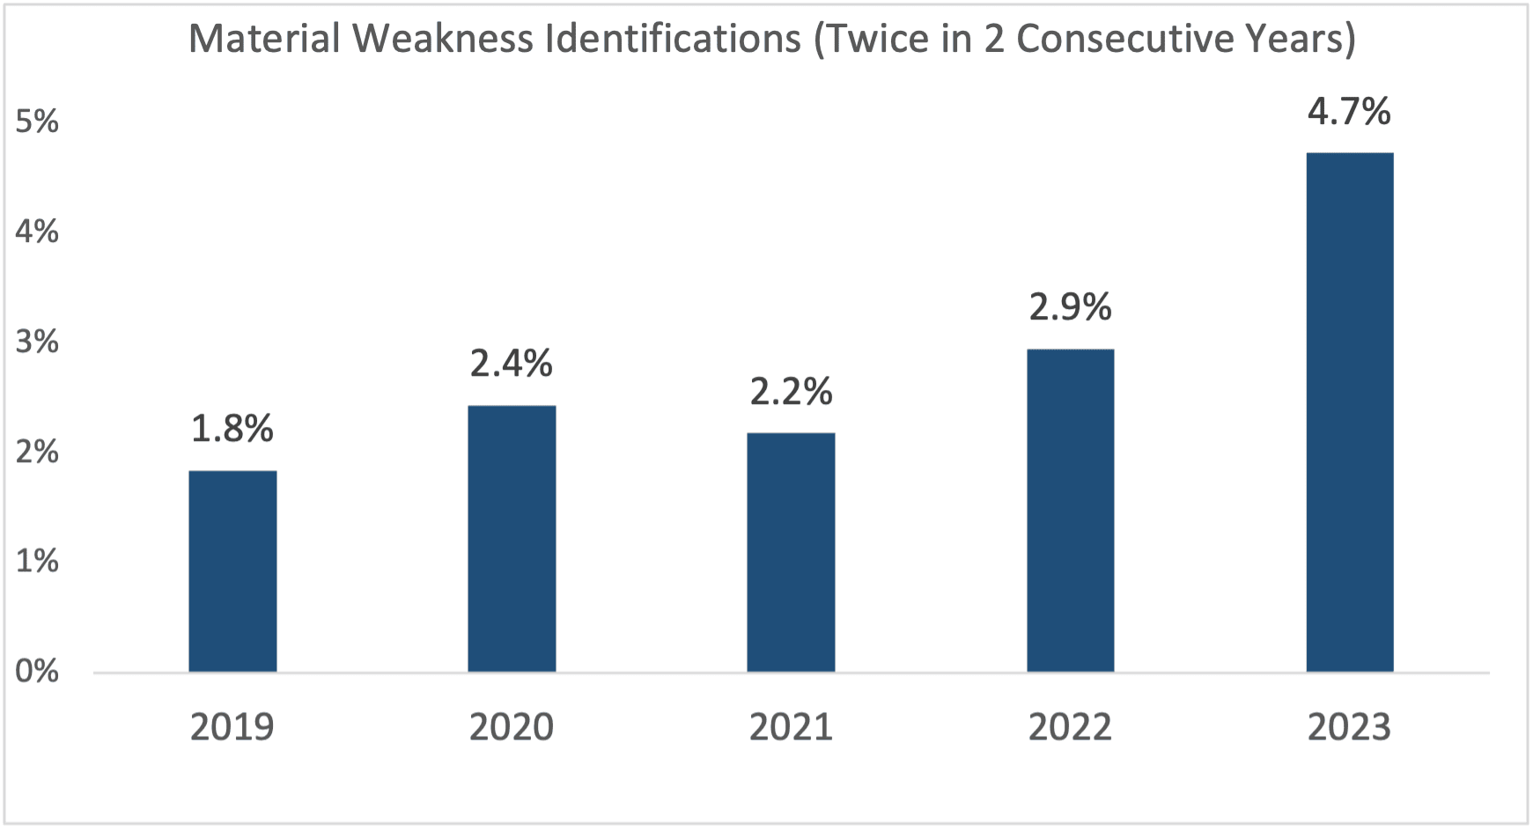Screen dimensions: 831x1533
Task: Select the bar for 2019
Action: pyautogui.click(x=232, y=571)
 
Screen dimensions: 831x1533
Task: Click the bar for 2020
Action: pyautogui.click(x=512, y=539)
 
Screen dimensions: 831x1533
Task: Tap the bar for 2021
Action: pyautogui.click(x=791, y=552)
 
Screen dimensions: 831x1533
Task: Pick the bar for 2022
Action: pyautogui.click(x=1070, y=511)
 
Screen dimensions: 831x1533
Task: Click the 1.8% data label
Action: pyautogui.click(x=232, y=429)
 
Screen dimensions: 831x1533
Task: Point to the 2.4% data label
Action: pyautogui.click(x=512, y=363)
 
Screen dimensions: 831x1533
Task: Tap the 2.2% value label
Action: pyautogui.click(x=791, y=391)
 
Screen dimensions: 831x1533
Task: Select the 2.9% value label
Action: pyautogui.click(x=1070, y=307)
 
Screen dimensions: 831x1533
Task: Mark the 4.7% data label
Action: pyautogui.click(x=1349, y=112)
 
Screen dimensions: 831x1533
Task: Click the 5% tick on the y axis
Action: pyautogui.click(x=37, y=121)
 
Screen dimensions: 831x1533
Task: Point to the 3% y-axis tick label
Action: pyautogui.click(x=37, y=342)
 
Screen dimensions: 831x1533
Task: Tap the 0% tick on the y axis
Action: pyautogui.click(x=37, y=672)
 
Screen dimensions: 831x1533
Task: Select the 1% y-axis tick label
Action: pyautogui.click(x=37, y=561)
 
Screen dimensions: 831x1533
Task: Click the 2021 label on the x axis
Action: pyautogui.click(x=791, y=727)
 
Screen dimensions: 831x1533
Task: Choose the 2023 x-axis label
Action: pyautogui.click(x=1349, y=727)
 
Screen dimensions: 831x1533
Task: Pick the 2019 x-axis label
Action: pyautogui.click(x=232, y=727)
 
